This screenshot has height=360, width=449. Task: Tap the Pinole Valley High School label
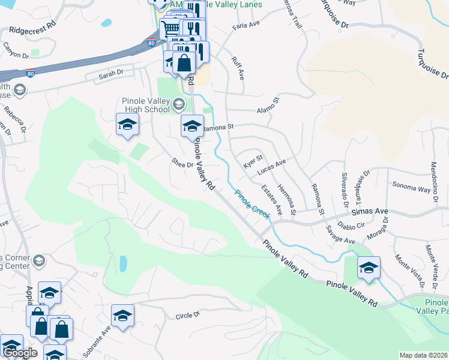pos(137,106)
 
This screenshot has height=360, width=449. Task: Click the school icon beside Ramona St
pos(192,126)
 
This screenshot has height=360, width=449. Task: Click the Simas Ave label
pos(369,212)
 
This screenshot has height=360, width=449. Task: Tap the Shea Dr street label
pos(182,163)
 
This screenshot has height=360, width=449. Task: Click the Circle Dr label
pos(187,316)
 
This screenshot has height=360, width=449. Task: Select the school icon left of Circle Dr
pos(122,316)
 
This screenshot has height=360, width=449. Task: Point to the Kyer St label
pos(253,161)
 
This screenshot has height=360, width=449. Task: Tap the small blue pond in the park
pos(123,263)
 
